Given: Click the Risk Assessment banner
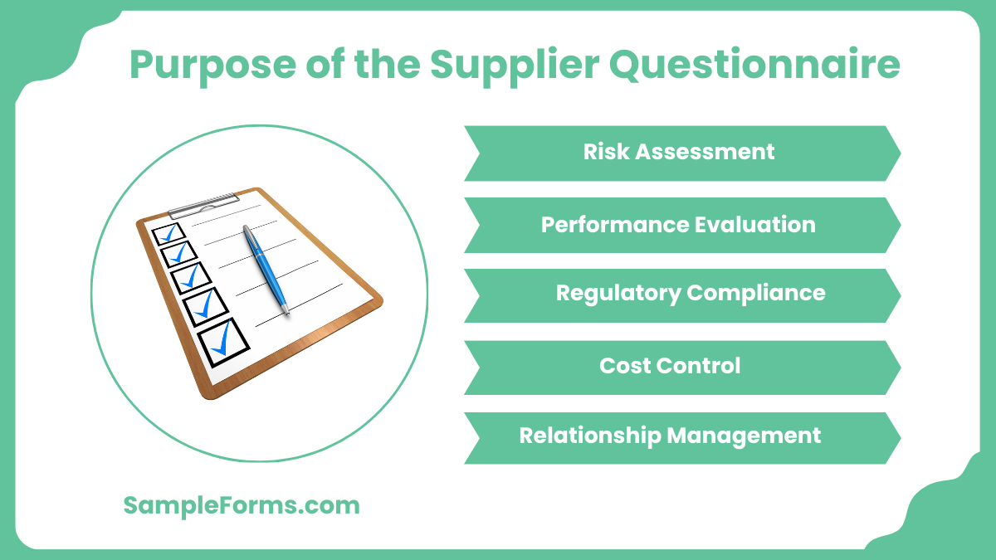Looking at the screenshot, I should (x=681, y=153).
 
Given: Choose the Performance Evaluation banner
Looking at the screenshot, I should (x=681, y=225).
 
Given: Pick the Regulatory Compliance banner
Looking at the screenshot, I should (x=681, y=294).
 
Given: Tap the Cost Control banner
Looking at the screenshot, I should (x=681, y=366).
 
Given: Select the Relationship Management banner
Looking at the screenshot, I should (x=681, y=436).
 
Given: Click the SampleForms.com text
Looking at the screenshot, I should (x=242, y=505).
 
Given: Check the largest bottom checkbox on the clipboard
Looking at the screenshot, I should (x=222, y=342).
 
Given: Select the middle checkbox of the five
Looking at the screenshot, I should (x=190, y=278).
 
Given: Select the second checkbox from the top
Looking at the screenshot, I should (x=178, y=254).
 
